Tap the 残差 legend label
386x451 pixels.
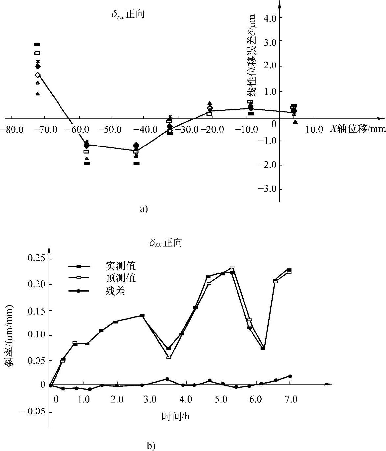115,291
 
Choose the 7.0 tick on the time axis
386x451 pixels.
291,400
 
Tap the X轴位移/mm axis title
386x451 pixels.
357,129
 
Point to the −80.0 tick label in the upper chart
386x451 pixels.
11,129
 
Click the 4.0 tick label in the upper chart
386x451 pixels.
269,17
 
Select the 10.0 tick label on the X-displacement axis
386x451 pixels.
314,129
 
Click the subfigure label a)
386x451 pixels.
144,209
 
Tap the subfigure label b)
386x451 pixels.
151,446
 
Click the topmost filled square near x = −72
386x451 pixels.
37,44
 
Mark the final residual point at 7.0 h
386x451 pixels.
290,376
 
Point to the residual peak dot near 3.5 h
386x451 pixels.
167,379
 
